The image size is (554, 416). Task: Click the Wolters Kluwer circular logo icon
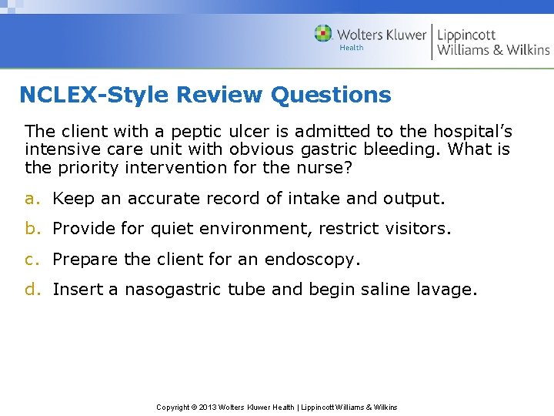click(x=323, y=34)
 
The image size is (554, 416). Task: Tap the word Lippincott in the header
click(x=466, y=34)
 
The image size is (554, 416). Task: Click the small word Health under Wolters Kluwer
click(x=352, y=48)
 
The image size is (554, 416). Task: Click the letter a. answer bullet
click(x=31, y=199)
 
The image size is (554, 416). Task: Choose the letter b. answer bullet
click(x=31, y=229)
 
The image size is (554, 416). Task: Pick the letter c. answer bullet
click(x=31, y=260)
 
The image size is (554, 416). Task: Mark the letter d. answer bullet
click(x=31, y=290)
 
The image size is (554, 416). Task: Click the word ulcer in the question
click(x=246, y=132)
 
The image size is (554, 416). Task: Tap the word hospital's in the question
click(x=469, y=132)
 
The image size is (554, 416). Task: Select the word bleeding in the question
click(x=407, y=149)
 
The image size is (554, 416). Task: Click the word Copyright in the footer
click(x=173, y=407)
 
